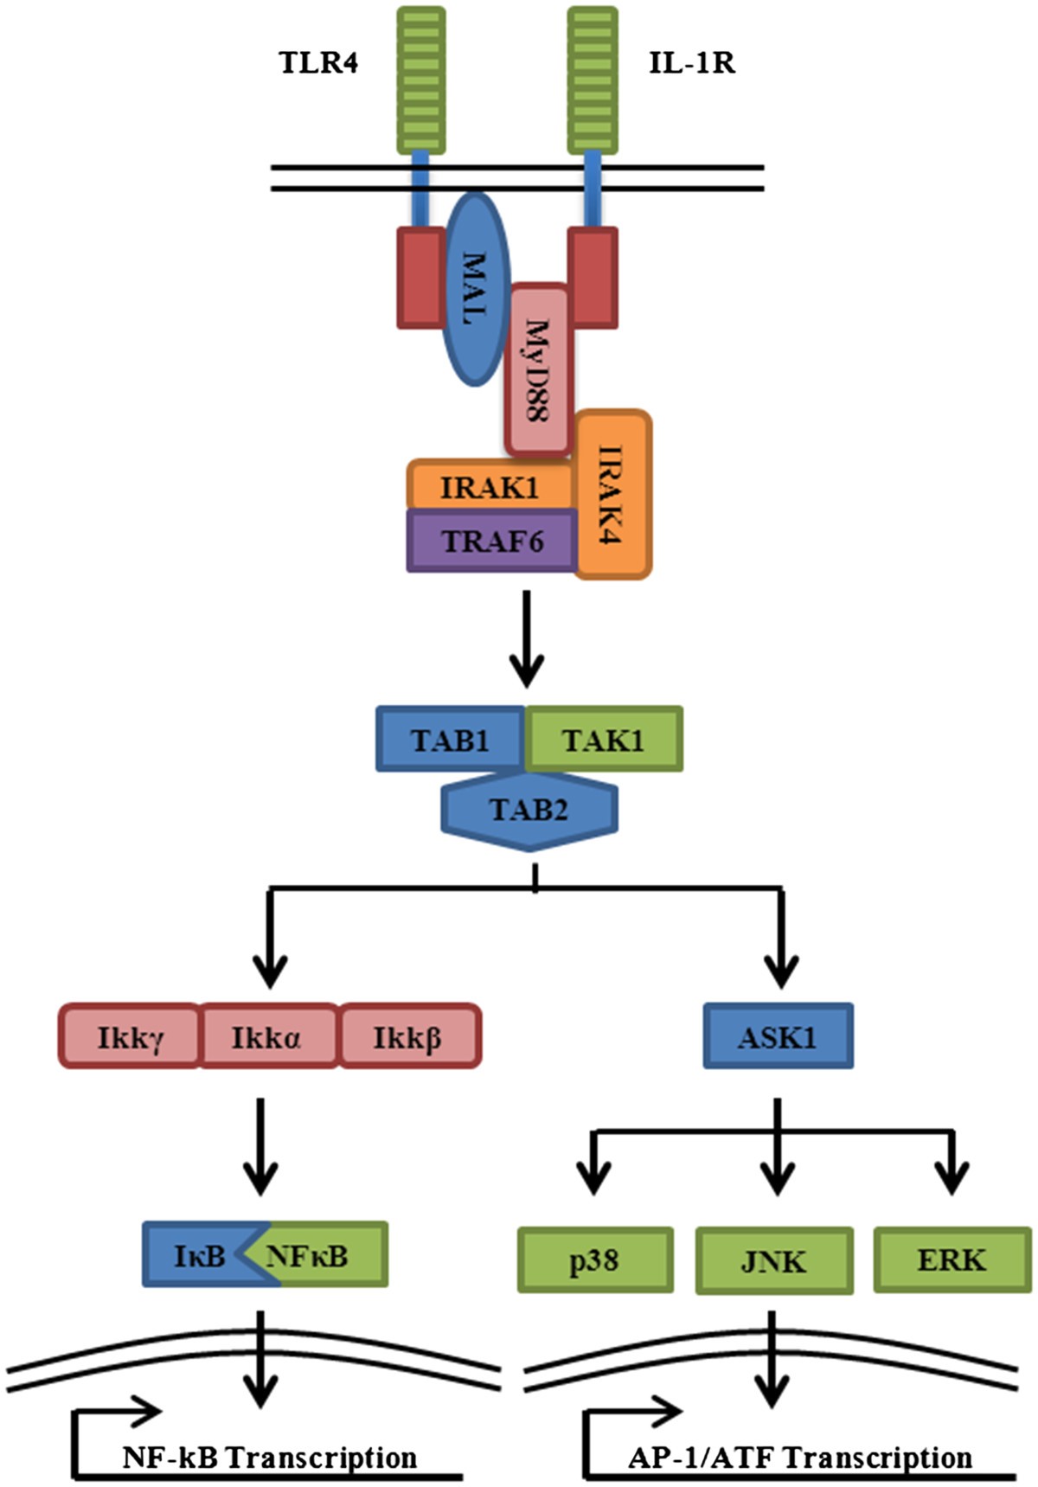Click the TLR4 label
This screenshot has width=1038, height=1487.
318,63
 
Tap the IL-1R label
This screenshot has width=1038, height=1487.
692,63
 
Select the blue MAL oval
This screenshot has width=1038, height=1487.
474,289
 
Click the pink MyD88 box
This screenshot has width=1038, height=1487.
537,370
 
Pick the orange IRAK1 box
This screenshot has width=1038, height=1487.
490,487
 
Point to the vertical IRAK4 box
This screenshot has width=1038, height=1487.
612,495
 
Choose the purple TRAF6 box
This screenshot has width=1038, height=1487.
491,542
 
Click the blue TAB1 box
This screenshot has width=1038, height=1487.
450,740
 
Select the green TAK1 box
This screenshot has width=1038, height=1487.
604,740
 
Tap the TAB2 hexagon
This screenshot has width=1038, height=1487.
529,811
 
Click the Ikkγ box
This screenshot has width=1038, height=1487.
130,1036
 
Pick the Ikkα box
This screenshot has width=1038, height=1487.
267,1036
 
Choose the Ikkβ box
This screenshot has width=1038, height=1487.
408,1036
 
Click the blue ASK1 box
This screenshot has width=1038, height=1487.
777,1036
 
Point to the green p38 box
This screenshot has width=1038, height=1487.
594,1260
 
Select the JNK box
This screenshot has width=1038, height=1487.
774,1260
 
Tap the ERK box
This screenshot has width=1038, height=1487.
951,1260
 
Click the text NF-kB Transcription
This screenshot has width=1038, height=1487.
270,1457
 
